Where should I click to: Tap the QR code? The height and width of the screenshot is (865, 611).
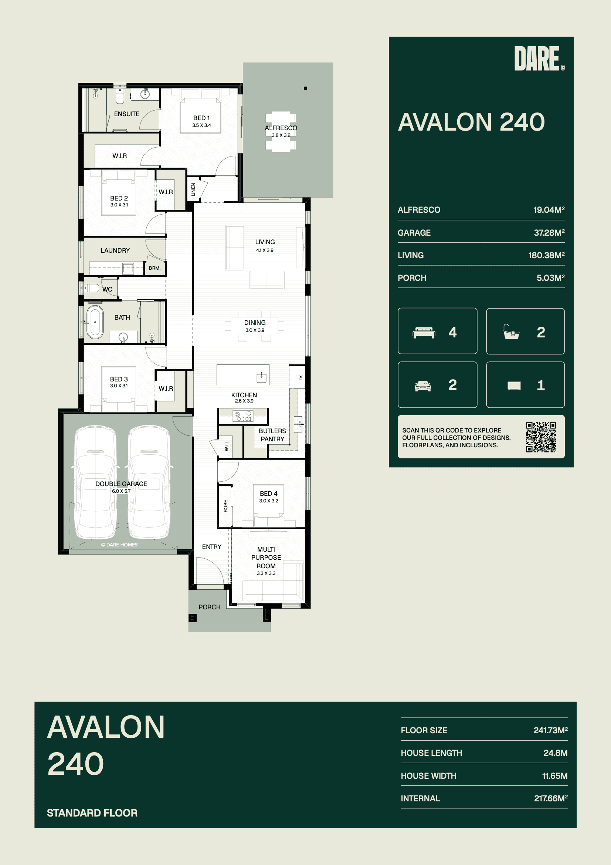click(x=541, y=437)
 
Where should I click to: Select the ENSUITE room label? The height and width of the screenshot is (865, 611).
click(x=126, y=114)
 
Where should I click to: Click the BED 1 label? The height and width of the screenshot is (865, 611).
click(x=201, y=118)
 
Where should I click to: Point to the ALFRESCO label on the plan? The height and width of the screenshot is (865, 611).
click(x=281, y=128)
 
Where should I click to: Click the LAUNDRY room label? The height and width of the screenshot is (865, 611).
click(x=115, y=250)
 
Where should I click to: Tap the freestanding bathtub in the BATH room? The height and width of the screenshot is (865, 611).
click(x=95, y=322)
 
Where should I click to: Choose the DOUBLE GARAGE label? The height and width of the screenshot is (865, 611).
click(x=121, y=484)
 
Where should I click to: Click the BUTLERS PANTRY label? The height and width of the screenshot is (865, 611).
click(x=272, y=435)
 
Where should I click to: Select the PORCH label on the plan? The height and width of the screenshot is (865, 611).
click(x=209, y=607)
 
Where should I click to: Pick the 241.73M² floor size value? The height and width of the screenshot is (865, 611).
click(x=550, y=730)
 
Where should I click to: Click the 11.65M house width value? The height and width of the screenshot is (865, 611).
click(x=554, y=776)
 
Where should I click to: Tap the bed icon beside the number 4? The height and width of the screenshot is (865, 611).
click(x=424, y=333)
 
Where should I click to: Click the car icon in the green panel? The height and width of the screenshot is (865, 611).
click(x=423, y=386)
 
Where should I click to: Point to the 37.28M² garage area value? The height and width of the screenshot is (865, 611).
click(x=549, y=232)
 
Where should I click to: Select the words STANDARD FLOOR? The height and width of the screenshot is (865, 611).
click(x=92, y=812)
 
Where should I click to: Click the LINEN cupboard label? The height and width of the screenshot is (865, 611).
click(x=193, y=189)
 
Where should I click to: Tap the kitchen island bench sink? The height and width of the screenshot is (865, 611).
click(x=261, y=377)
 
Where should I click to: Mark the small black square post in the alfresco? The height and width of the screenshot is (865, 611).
click(x=305, y=88)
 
